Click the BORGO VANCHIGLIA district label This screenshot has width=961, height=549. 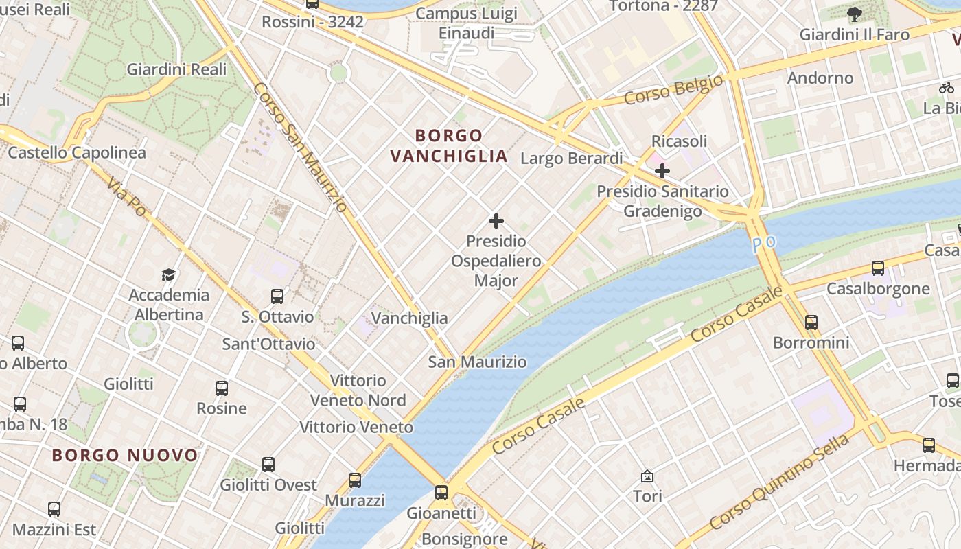[x=449, y=145]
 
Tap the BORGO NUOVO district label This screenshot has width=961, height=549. [x=125, y=455]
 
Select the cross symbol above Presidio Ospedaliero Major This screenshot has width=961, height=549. [x=496, y=221]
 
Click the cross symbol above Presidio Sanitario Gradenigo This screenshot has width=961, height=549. [x=662, y=170]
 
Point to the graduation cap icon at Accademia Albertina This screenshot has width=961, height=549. [x=169, y=275]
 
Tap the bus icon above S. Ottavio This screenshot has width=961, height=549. [x=277, y=296]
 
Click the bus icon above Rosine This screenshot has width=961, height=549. [x=222, y=388]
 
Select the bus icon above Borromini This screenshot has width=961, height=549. [x=811, y=322]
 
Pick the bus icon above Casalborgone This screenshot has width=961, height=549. [x=878, y=268]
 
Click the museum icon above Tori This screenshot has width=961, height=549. [x=647, y=476]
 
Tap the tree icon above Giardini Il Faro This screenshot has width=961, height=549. [x=855, y=14]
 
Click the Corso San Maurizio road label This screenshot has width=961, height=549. [x=300, y=147]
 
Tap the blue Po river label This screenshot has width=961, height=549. [x=764, y=244]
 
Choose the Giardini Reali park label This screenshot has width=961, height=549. [x=176, y=69]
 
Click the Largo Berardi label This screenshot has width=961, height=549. [x=571, y=159]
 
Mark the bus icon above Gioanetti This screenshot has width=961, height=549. [x=441, y=492]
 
